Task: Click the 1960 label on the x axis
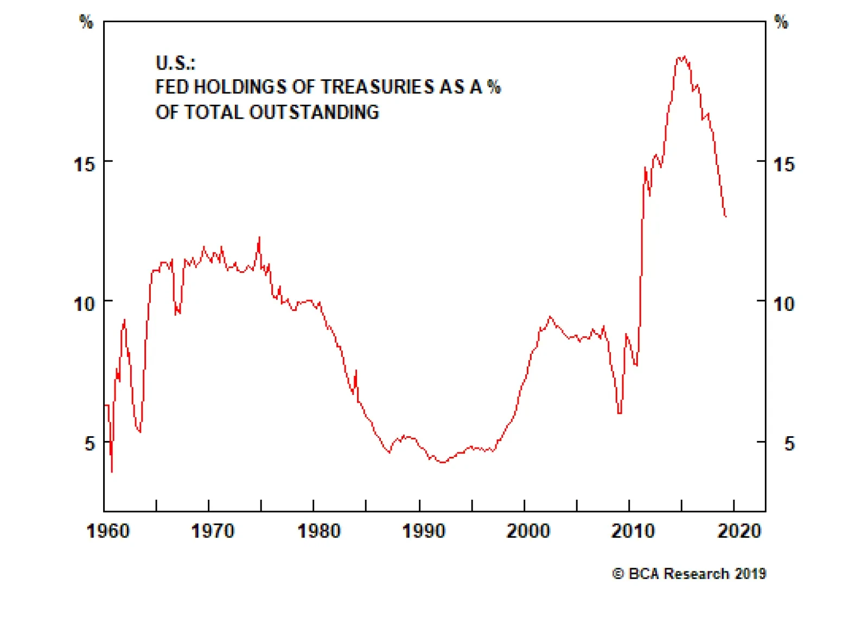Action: pyautogui.click(x=108, y=531)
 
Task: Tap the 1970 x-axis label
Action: pyautogui.click(x=213, y=531)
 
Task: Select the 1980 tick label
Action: pyautogui.click(x=318, y=531)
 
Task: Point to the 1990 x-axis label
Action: pyautogui.click(x=424, y=531)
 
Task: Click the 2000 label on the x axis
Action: pyautogui.click(x=528, y=531)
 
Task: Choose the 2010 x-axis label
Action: pyautogui.click(x=633, y=531)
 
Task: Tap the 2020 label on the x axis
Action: pyautogui.click(x=739, y=531)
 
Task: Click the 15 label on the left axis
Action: pyautogui.click(x=84, y=164)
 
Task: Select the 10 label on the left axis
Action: pyautogui.click(x=84, y=304)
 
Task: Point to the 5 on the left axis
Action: pyautogui.click(x=90, y=444)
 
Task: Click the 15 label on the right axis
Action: pyautogui.click(x=784, y=164)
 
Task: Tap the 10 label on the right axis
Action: pyautogui.click(x=784, y=304)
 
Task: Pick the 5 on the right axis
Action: pyautogui.click(x=789, y=444)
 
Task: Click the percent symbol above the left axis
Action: pyautogui.click(x=86, y=22)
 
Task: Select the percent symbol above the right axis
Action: pyautogui.click(x=781, y=22)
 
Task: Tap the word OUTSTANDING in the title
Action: pyautogui.click(x=314, y=112)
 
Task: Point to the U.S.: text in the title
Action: pyautogui.click(x=175, y=63)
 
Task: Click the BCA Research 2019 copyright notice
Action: pyautogui.click(x=689, y=573)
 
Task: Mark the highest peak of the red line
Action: pyautogui.click(x=683, y=56)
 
